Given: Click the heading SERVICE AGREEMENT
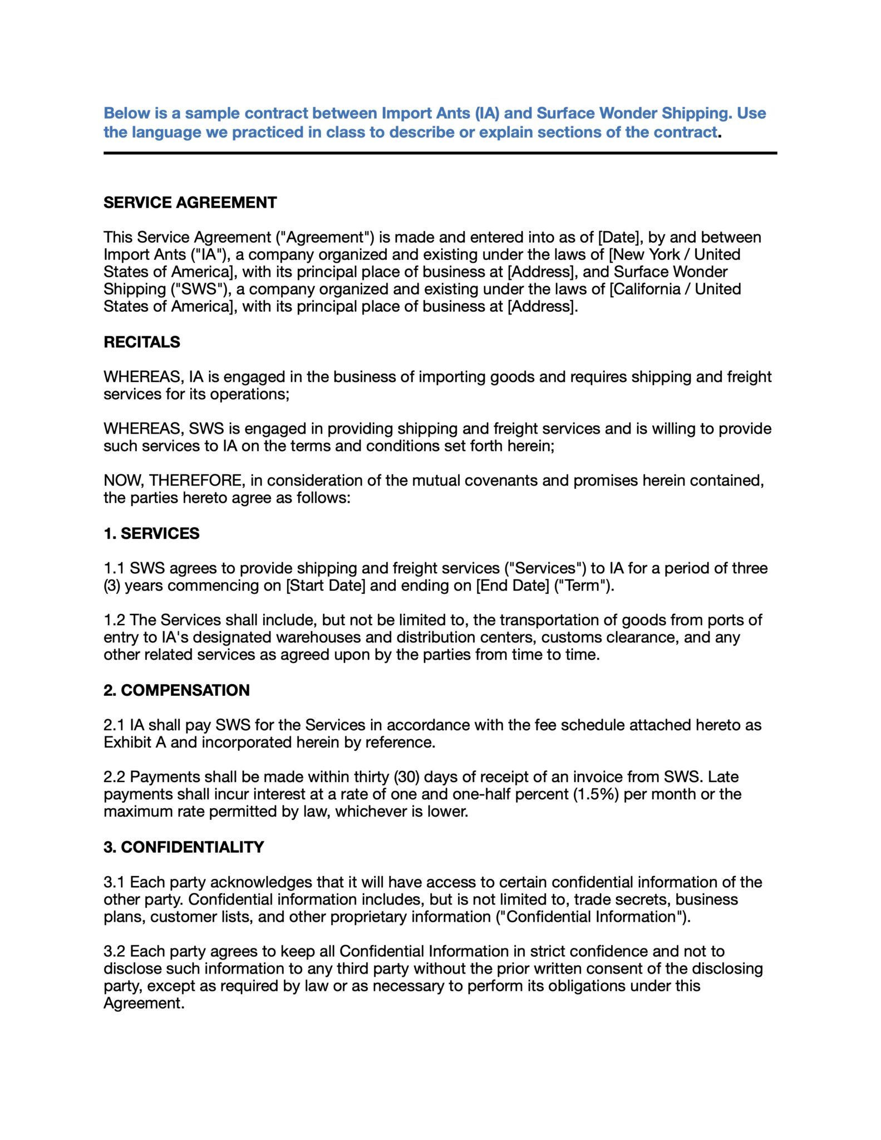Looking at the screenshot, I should (190, 203).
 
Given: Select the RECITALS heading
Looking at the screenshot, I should (142, 342).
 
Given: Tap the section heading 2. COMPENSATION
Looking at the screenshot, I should (176, 690).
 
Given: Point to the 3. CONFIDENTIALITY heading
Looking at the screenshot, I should (184, 847).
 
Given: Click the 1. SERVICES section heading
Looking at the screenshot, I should (151, 533).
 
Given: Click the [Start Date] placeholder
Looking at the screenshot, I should (325, 586).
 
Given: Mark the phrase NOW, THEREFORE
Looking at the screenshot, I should (174, 480).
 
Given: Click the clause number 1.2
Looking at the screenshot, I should (114, 620).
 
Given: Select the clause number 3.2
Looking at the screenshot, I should (114, 951).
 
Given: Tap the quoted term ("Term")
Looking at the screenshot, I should (584, 586).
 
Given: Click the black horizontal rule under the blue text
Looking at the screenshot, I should (440, 153).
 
